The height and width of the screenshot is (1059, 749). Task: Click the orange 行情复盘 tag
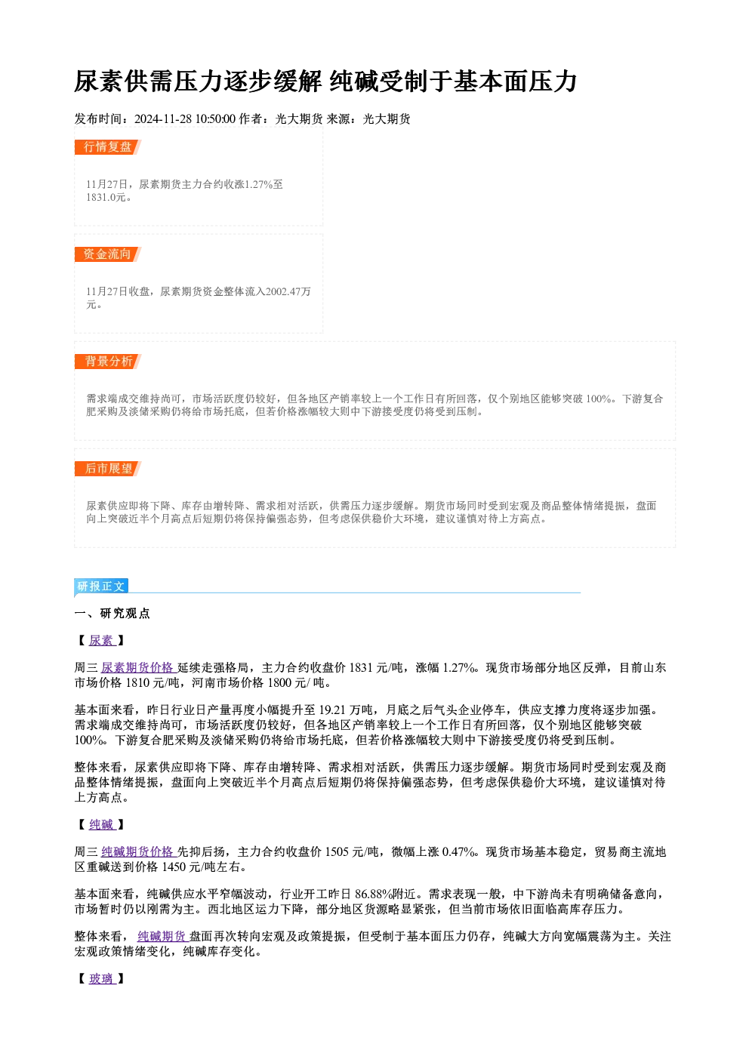tap(107, 147)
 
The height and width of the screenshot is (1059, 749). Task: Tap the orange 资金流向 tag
tap(107, 254)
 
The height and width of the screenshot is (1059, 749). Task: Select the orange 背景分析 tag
tap(107, 362)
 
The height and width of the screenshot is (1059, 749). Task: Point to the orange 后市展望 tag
tap(107, 469)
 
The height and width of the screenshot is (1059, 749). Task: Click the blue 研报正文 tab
tap(101, 586)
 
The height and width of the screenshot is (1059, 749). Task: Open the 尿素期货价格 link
tap(138, 667)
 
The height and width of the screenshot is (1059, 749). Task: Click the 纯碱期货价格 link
tap(138, 852)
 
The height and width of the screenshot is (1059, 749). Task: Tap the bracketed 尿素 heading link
tap(102, 641)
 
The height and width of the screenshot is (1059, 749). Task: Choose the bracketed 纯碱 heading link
tap(102, 825)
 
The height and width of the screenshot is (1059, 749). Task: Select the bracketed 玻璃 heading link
tap(102, 979)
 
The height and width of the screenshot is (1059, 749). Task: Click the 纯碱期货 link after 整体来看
tap(163, 937)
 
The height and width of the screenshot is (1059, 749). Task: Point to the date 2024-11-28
tap(163, 119)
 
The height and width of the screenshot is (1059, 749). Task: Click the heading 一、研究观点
tap(112, 614)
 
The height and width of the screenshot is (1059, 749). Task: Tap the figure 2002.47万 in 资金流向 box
tap(288, 291)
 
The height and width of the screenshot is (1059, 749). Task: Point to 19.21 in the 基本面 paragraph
tap(332, 710)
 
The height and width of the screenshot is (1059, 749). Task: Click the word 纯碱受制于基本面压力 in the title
tap(454, 82)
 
